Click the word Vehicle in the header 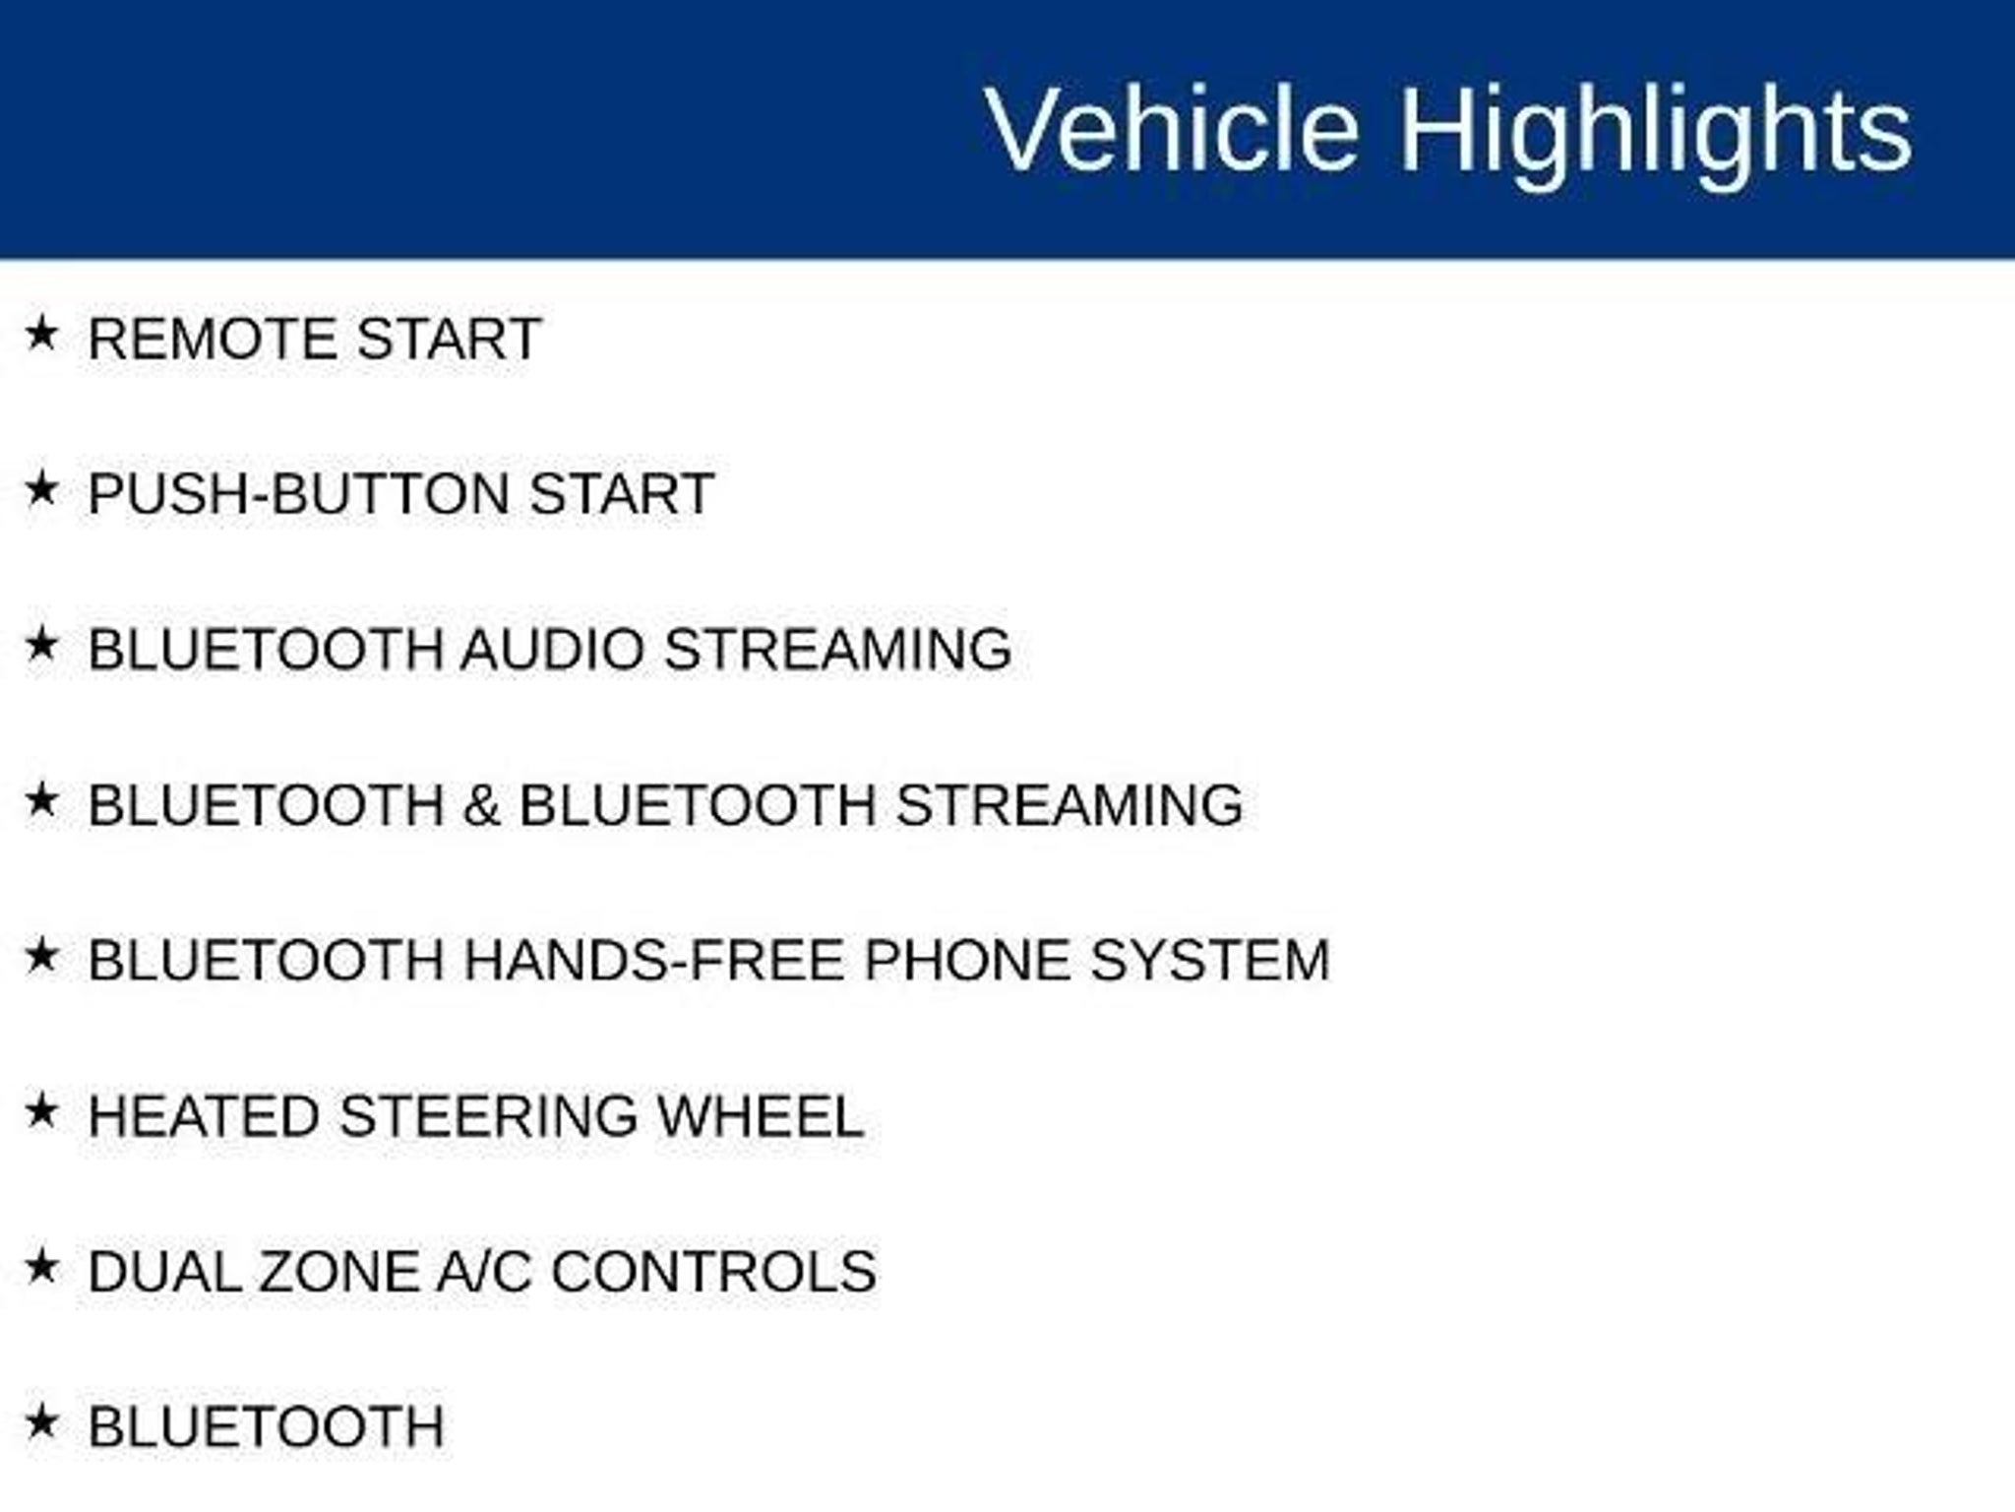coord(1172,129)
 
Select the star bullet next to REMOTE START coord(41,333)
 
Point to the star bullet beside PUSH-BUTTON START coord(41,488)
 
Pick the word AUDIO coord(553,650)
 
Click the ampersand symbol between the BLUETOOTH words coord(481,805)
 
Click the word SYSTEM coord(1210,961)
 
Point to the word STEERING coord(489,1116)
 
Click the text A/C coord(484,1272)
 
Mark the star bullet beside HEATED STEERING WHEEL coord(41,1111)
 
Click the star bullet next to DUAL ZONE coord(41,1266)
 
